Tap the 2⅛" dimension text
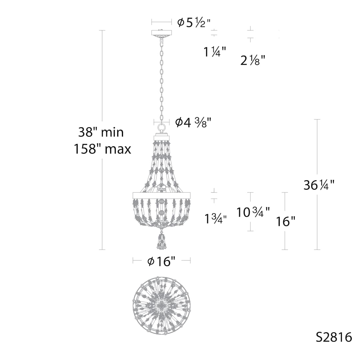253,60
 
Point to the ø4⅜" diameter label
194,122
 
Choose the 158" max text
103,149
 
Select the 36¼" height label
319,185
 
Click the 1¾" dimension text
216,219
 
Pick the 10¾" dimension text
253,212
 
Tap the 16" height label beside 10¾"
286,221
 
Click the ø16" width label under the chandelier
161,262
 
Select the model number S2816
334,337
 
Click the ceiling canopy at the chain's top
162,33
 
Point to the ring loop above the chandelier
162,128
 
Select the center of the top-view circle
162,304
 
